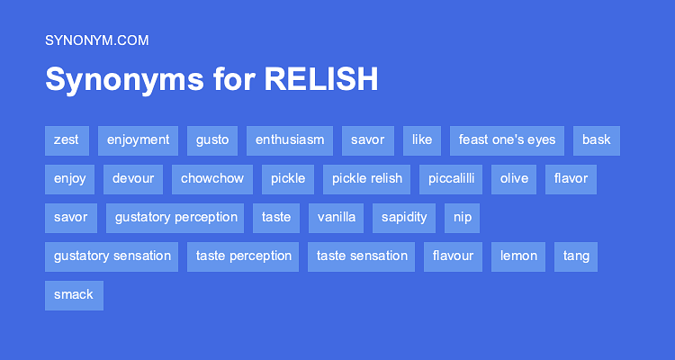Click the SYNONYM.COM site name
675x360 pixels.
[96, 40]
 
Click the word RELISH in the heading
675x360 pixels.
[321, 80]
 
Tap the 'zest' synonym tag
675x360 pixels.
[67, 140]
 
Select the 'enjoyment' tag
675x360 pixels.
[138, 140]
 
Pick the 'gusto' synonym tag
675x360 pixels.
[212, 140]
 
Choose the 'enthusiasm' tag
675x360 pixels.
[290, 140]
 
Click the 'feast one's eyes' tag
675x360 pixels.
[507, 140]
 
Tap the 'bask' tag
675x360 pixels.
[596, 140]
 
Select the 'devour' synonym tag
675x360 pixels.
[133, 179]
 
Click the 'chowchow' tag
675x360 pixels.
[212, 179]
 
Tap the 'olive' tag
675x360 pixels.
[514, 179]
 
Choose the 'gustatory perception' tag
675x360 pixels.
[175, 218]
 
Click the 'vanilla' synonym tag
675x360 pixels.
[337, 218]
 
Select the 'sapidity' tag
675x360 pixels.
[404, 218]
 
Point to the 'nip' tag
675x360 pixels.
[463, 218]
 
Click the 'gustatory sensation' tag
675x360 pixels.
[112, 256]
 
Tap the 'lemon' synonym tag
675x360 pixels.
[519, 256]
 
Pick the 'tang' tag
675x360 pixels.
[576, 256]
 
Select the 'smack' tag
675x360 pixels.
[74, 295]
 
